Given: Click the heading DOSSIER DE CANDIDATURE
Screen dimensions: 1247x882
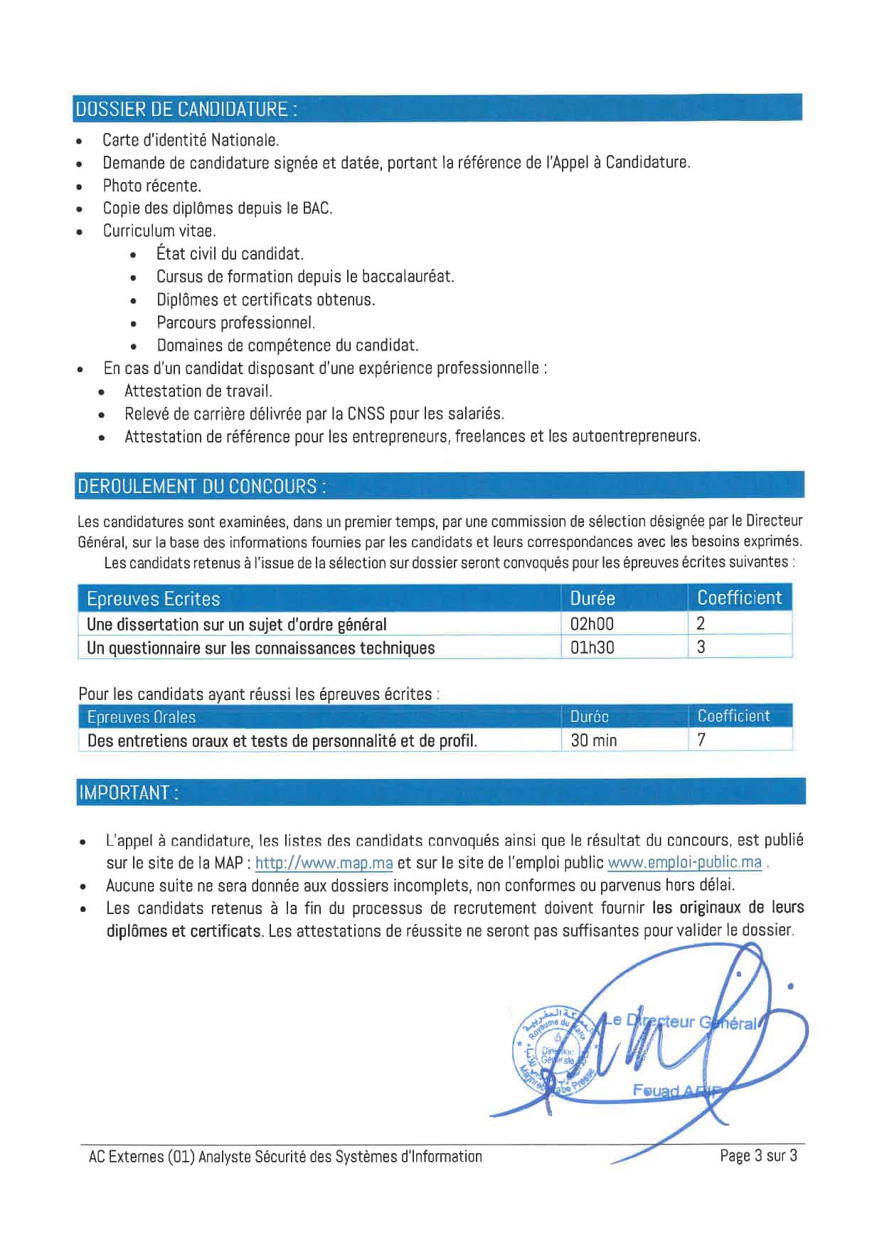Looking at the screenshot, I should [x=186, y=109].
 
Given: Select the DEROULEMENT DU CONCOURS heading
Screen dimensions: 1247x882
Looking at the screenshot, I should [x=202, y=487].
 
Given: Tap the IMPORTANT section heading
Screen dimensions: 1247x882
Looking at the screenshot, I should [x=129, y=792].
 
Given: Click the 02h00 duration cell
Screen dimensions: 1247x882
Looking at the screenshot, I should [x=592, y=624].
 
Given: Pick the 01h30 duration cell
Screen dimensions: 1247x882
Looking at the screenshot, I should [x=592, y=647].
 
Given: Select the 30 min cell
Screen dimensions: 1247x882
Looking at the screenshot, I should [x=594, y=741].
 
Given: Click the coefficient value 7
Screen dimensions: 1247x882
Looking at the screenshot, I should [x=701, y=740].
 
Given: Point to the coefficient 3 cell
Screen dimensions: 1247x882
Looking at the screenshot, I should [x=701, y=647].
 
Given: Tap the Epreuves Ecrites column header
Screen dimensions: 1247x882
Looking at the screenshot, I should [x=153, y=599].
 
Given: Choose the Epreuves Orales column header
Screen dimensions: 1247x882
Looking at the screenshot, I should [x=141, y=717].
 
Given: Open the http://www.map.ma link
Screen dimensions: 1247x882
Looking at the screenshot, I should [x=324, y=863].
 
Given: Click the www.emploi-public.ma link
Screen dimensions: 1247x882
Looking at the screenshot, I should [x=684, y=862].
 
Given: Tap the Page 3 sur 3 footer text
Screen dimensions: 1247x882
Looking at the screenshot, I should [x=758, y=1156].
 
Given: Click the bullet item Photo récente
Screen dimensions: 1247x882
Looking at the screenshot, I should [x=152, y=186].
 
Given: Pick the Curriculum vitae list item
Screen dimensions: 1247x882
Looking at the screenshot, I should [x=159, y=230].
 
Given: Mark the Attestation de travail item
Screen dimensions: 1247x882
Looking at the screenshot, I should [x=198, y=391].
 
